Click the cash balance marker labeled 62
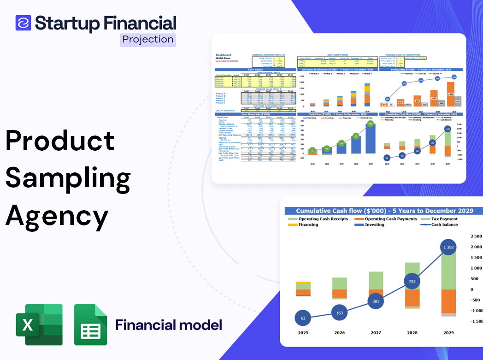click(302, 318)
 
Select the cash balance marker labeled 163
click(339, 313)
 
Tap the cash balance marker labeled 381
click(376, 301)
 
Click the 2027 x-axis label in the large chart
click(376, 332)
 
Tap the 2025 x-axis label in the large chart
click(303, 332)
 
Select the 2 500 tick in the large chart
click(476, 236)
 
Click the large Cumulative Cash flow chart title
click(384, 211)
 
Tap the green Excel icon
click(39, 325)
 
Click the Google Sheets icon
click(90, 325)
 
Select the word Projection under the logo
click(147, 39)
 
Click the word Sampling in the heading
click(68, 178)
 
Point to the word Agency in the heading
click(57, 215)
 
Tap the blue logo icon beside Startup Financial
click(23, 23)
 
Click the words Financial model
click(169, 325)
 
